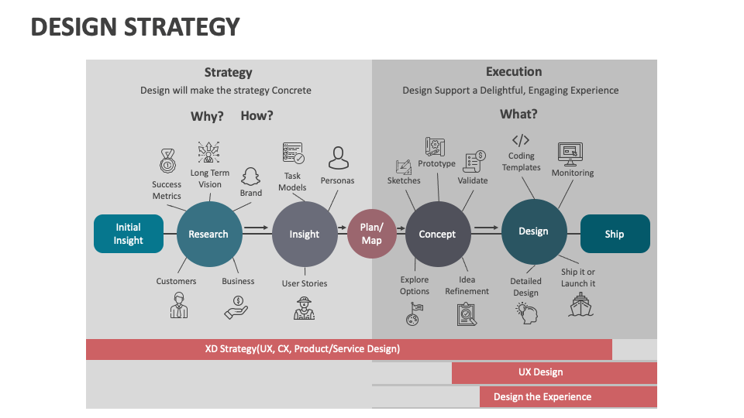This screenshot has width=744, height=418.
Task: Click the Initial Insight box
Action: point(129,234)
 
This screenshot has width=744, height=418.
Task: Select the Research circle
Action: point(208,234)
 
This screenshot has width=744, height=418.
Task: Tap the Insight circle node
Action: point(305,234)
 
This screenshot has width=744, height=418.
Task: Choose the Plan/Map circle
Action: point(371,234)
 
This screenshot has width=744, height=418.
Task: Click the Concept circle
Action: point(438,234)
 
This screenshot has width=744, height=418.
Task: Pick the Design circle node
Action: point(533,231)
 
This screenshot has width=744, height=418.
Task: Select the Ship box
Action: point(615,234)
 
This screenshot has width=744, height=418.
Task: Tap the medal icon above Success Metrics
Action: point(167,162)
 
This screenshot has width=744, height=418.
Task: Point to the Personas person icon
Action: point(338,159)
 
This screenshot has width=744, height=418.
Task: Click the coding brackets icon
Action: point(521,140)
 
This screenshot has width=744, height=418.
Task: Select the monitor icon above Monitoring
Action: point(570,153)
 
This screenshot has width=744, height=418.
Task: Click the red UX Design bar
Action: point(554,372)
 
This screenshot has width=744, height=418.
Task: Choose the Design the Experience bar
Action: point(568,397)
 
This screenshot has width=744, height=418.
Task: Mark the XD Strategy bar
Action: point(349,349)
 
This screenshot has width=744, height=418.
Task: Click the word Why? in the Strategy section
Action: point(207,116)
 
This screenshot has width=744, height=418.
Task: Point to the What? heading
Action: point(518,115)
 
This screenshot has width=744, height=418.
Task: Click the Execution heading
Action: point(514,72)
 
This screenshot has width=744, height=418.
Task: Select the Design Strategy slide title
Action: point(136,27)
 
